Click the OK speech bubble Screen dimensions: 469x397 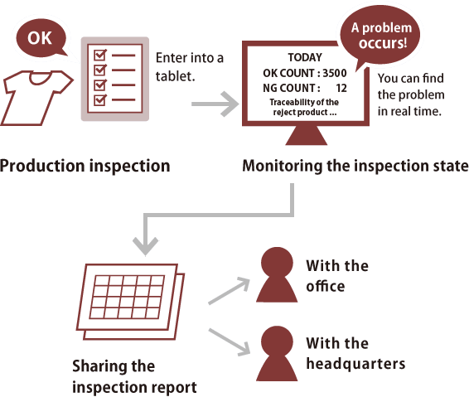coord(41,38)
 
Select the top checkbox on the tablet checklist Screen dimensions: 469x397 coord(99,56)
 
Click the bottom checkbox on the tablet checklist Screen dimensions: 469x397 coord(99,100)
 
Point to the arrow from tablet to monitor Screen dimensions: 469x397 coord(215,104)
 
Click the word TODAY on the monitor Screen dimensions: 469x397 coord(305,57)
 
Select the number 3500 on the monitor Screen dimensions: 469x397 coord(335,73)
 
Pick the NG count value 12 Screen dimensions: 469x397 coord(341,88)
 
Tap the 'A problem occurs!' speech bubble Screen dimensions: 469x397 coord(380,36)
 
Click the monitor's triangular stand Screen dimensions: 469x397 coord(307,136)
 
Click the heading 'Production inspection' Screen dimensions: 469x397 coord(85,167)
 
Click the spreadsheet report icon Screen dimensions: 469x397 coord(130,302)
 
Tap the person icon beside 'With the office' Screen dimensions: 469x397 coord(277,274)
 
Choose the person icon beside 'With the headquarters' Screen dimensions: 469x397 coord(277,354)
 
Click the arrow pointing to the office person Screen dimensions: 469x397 coord(230,291)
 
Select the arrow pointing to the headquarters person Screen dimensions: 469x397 coord(230,342)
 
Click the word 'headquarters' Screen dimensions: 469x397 coord(355,364)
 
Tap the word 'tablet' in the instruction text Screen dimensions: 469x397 coord(176,76)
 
